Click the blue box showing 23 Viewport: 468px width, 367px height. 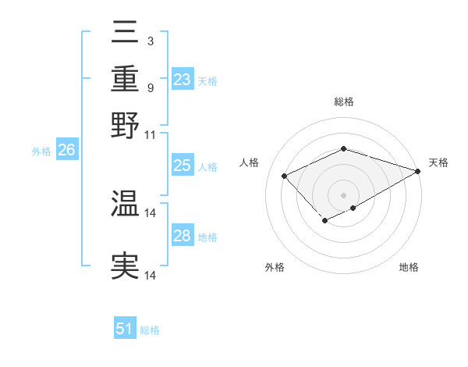click(182, 80)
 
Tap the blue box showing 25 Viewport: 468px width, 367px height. click(182, 166)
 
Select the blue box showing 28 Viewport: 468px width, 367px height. click(182, 236)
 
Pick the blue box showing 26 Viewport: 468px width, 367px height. click(66, 151)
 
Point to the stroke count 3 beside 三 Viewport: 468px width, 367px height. click(150, 41)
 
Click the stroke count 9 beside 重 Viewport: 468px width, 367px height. click(150, 87)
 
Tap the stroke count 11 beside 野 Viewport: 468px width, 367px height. click(150, 134)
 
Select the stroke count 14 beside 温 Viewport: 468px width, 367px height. click(151, 212)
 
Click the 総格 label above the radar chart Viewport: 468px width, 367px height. click(343, 102)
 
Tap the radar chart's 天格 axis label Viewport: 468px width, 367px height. click(438, 162)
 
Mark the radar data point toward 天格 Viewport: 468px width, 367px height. click(419, 169)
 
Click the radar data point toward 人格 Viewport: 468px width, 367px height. click(285, 176)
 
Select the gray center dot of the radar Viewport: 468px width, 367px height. click(343, 194)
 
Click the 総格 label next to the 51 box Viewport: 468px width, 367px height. click(150, 330)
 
